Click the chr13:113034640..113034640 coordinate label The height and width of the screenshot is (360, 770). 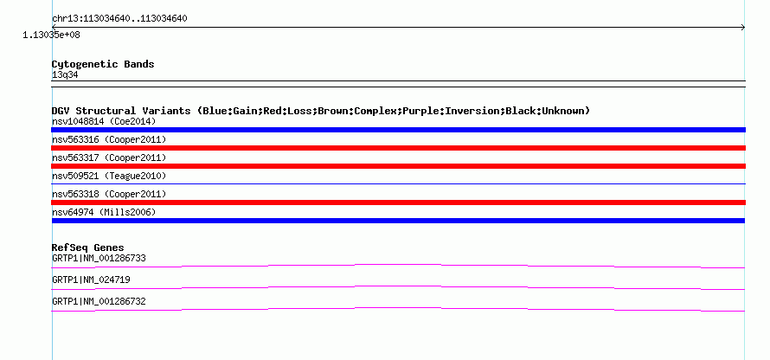[x=119, y=19]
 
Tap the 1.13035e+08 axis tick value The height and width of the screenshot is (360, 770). [x=52, y=35]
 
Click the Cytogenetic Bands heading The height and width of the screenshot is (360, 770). [x=103, y=64]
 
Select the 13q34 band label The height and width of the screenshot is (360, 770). [x=65, y=75]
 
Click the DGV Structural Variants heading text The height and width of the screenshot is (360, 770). [x=320, y=111]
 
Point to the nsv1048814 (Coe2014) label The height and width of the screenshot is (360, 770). [x=104, y=121]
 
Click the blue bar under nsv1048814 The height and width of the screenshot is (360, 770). [x=398, y=130]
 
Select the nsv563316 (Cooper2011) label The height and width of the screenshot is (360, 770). [x=109, y=140]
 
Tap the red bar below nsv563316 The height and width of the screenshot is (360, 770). [x=398, y=148]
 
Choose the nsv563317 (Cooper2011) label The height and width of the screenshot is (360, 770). [x=109, y=157]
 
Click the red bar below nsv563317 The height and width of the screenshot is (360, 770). [x=398, y=166]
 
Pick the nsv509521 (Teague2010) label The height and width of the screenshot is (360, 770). [x=109, y=176]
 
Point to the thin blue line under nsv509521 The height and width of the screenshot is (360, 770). [x=398, y=183]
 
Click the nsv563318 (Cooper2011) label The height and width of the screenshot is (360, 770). [x=109, y=194]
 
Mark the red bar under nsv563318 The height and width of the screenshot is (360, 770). [x=398, y=202]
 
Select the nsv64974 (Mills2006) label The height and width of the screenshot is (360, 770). [x=104, y=212]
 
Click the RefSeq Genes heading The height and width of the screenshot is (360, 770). [x=88, y=247]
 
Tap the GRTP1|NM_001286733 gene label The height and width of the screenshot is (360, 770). [x=99, y=259]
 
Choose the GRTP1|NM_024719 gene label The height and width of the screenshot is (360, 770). [x=91, y=280]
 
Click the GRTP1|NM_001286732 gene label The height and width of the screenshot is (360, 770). [x=99, y=301]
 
